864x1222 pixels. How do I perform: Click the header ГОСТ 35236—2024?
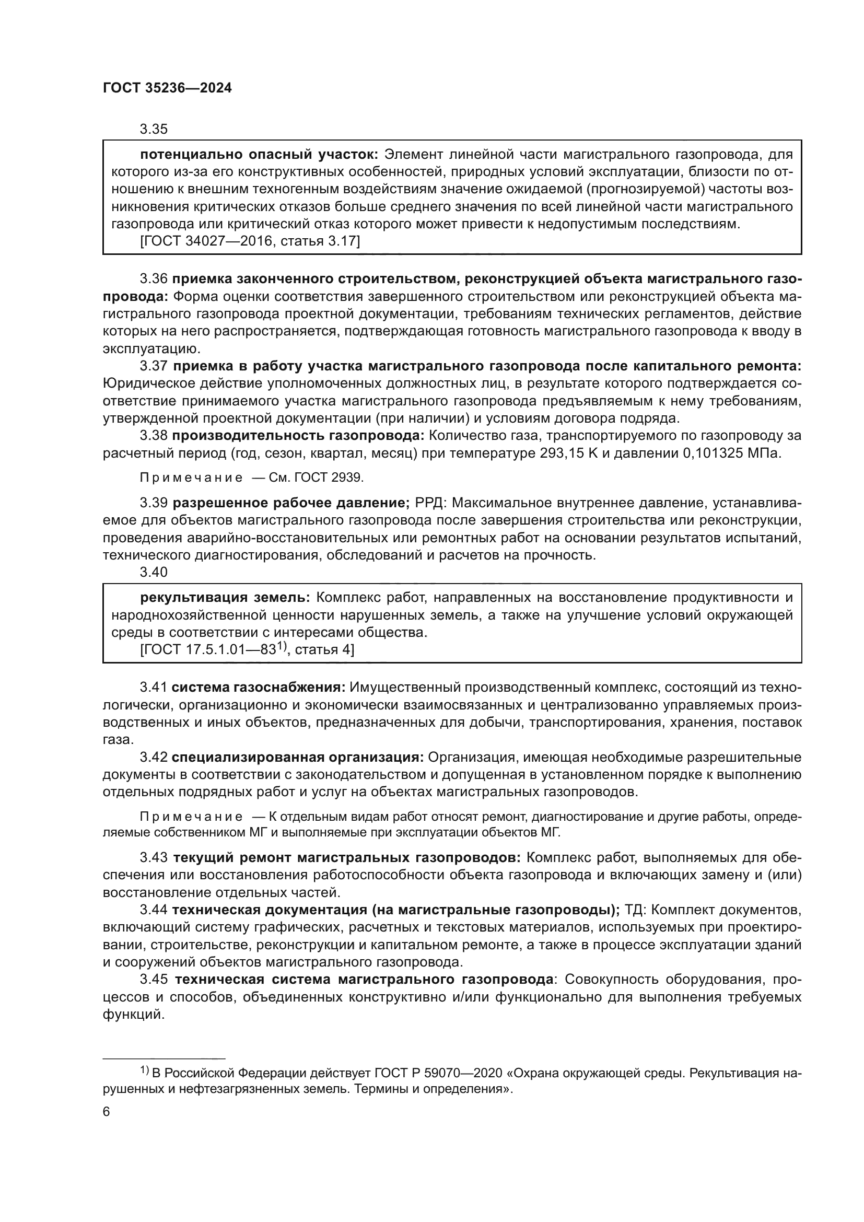[x=167, y=88]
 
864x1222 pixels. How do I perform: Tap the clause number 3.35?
[x=154, y=130]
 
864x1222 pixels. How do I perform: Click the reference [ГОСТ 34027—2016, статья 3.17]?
[x=250, y=242]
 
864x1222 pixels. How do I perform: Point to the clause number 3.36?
[x=154, y=279]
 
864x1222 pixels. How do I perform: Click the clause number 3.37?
[x=154, y=366]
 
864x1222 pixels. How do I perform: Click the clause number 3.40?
[x=154, y=572]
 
